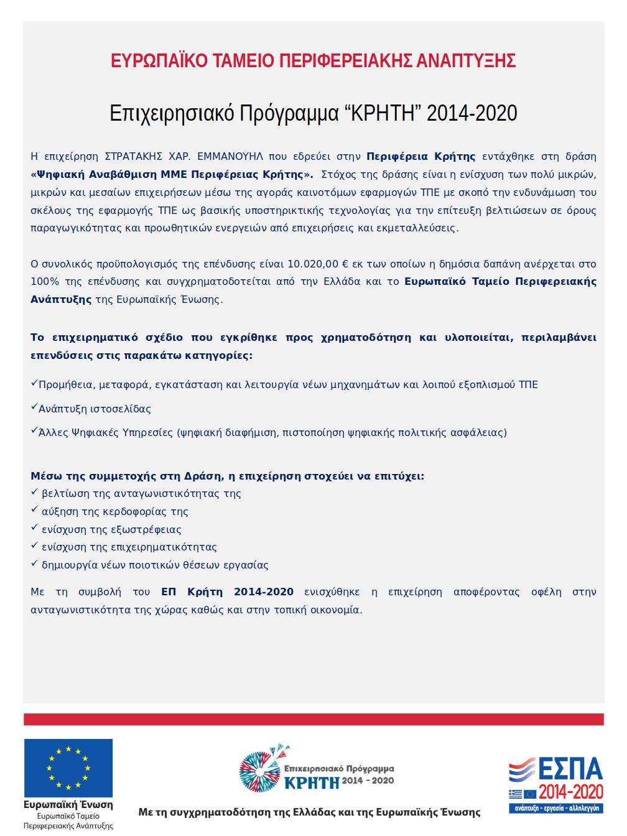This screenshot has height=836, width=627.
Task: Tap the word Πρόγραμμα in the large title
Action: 289,113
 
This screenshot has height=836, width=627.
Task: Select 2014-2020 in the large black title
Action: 472,113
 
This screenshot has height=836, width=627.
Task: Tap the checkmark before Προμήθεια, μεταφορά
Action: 34,384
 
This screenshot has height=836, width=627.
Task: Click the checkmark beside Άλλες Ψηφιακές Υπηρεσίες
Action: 34,430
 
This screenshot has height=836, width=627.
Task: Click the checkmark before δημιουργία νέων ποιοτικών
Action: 35,565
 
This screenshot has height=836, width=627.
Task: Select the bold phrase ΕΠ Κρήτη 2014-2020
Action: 227,592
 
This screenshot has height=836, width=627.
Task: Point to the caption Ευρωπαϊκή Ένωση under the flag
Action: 68,805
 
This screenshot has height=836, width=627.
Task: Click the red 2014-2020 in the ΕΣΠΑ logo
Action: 571,792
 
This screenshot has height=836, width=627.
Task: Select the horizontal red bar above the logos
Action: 313,720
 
